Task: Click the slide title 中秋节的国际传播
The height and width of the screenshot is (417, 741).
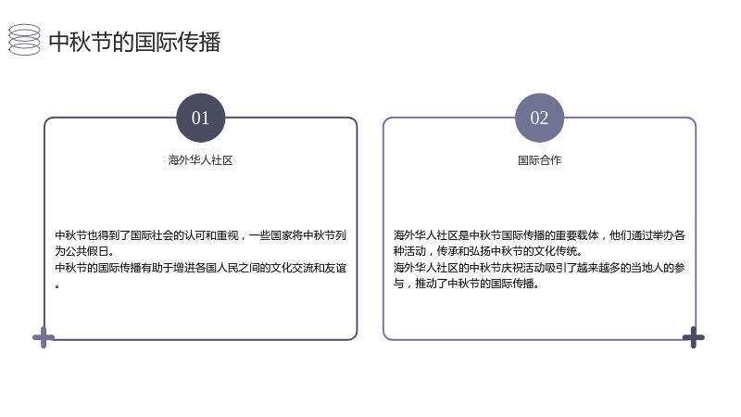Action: (x=134, y=42)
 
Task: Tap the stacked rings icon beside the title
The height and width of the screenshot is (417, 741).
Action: (x=25, y=40)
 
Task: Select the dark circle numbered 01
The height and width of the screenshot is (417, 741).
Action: (x=200, y=118)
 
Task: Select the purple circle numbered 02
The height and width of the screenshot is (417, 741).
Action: (x=539, y=118)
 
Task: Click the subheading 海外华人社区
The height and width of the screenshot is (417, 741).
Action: (x=200, y=160)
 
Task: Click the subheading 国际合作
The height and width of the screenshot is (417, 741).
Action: (x=539, y=160)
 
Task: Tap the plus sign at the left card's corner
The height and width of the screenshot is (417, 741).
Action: (x=44, y=337)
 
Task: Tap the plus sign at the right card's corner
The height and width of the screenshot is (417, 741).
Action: (x=693, y=337)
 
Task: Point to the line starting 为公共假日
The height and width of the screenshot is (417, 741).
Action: (x=84, y=251)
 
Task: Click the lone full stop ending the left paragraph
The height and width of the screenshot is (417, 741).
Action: (x=57, y=286)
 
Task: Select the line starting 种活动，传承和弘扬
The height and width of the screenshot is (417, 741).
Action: (x=488, y=251)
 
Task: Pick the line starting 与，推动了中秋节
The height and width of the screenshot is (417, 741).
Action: (x=467, y=284)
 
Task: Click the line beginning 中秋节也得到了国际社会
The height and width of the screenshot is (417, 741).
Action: (x=200, y=235)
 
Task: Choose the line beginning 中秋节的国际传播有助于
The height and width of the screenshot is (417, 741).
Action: (x=200, y=268)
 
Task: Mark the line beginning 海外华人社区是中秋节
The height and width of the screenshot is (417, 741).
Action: (x=539, y=235)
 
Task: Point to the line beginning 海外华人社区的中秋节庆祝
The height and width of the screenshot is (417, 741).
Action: (x=539, y=268)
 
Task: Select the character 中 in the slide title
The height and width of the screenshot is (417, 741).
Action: (x=59, y=42)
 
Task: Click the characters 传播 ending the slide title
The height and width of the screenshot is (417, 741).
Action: (x=199, y=42)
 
